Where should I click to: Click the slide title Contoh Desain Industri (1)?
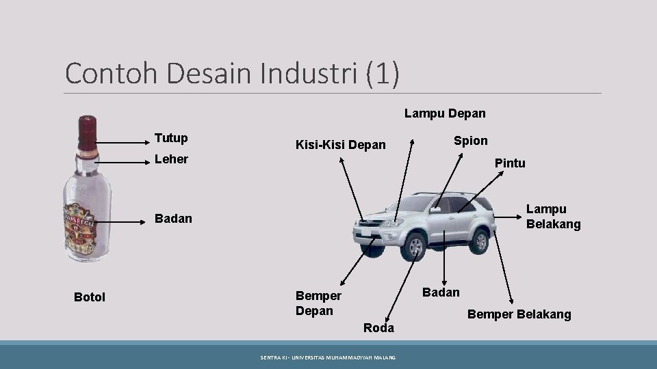pyautogui.click(x=232, y=73)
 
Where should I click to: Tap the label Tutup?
pyautogui.click(x=172, y=138)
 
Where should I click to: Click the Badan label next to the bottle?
pyautogui.click(x=173, y=219)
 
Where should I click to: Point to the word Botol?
pyautogui.click(x=90, y=297)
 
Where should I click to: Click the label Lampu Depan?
pyautogui.click(x=445, y=113)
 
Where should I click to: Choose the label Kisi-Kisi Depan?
pyautogui.click(x=340, y=145)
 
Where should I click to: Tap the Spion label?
pyautogui.click(x=471, y=141)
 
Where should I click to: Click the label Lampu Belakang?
pyautogui.click(x=553, y=217)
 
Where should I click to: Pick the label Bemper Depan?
pyautogui.click(x=318, y=303)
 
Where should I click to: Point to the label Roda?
pyautogui.click(x=378, y=328)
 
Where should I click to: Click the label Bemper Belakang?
pyautogui.click(x=519, y=314)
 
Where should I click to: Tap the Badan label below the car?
pyautogui.click(x=442, y=292)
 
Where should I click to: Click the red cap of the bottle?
pyautogui.click(x=87, y=128)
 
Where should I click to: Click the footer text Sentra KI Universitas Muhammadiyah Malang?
pyautogui.click(x=328, y=357)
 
